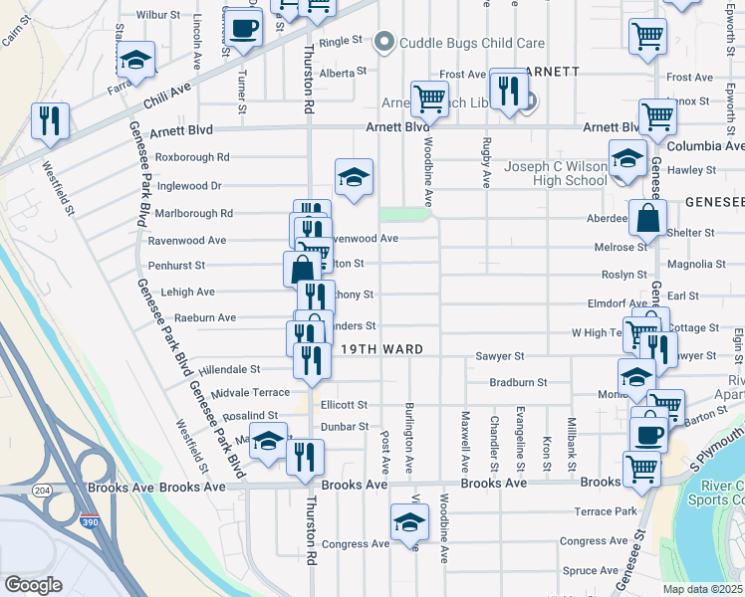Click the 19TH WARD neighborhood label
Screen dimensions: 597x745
tap(383, 349)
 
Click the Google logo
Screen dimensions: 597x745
tap(33, 585)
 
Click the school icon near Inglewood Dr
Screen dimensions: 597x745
tap(354, 179)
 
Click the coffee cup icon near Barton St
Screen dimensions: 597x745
tap(648, 436)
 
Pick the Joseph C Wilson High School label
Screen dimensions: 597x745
tap(556, 173)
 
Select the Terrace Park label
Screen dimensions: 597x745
tap(605, 511)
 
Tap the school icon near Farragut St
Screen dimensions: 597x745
tap(135, 62)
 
